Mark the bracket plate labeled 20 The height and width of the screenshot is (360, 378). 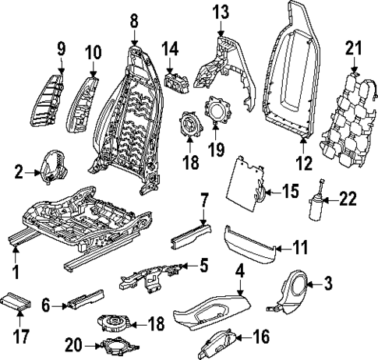[116, 348]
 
